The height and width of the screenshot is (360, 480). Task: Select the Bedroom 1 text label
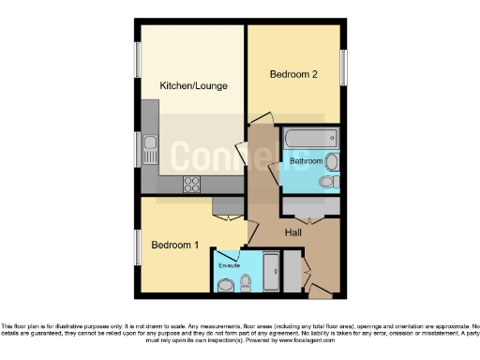[176, 246]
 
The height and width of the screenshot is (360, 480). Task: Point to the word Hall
[293, 232]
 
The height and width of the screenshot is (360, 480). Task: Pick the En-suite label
[228, 266]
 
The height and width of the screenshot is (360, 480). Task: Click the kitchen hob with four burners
[191, 183]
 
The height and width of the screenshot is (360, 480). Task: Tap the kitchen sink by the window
[150, 145]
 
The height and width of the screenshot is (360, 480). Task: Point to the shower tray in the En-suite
[271, 272]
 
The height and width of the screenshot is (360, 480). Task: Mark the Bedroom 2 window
[343, 68]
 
